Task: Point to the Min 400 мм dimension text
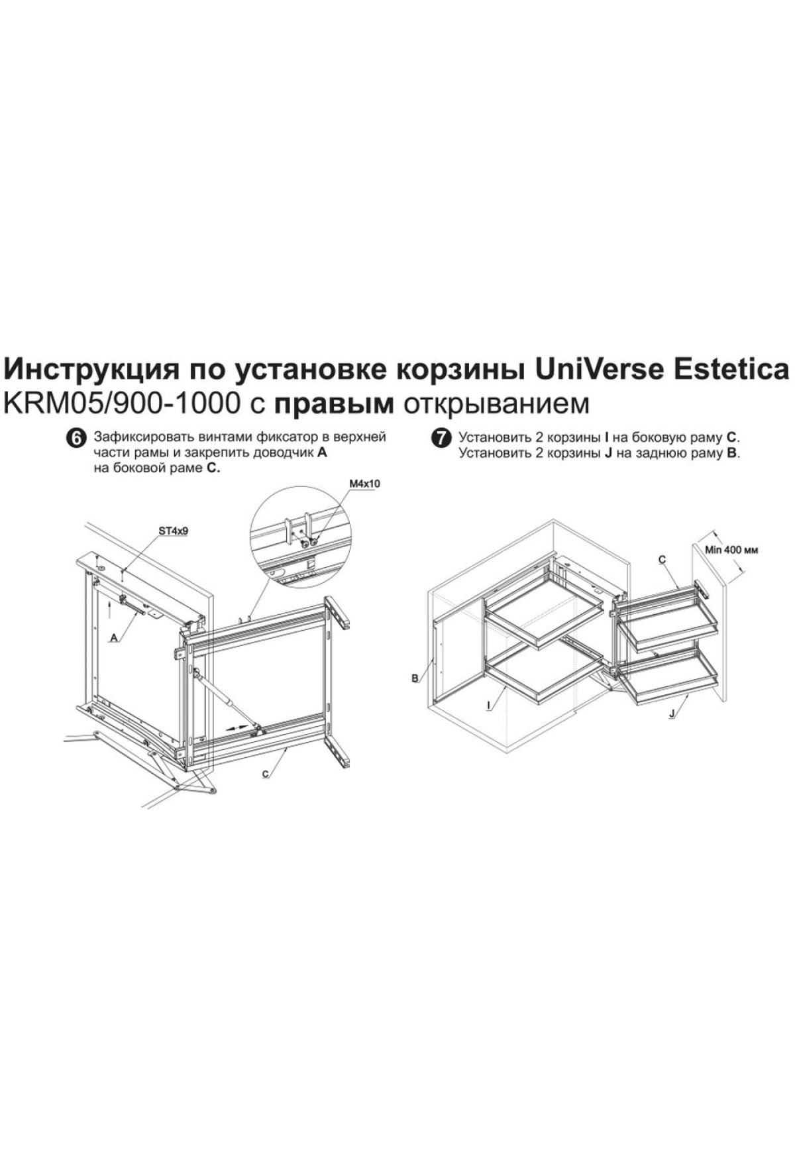click(731, 550)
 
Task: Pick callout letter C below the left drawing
click(264, 774)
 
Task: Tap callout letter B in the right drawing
click(414, 678)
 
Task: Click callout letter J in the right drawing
click(672, 714)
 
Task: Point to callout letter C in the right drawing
click(662, 560)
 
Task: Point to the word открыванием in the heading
click(496, 405)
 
